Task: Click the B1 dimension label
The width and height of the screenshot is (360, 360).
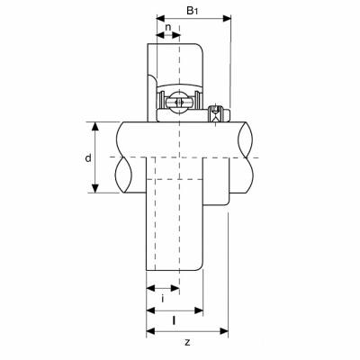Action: [193, 11]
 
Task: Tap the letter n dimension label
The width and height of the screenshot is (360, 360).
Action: [168, 27]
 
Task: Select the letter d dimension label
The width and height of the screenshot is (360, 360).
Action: [88, 157]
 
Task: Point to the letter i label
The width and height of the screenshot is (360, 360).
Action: [163, 299]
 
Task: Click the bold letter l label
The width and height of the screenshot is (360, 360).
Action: [174, 320]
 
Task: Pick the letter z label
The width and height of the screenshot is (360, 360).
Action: [187, 342]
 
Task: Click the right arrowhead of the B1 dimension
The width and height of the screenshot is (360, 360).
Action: [227, 18]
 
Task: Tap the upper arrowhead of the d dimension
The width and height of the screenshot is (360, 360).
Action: [95, 127]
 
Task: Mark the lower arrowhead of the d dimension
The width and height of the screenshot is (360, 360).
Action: [95, 188]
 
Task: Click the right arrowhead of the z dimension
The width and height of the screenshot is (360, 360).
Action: [224, 331]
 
